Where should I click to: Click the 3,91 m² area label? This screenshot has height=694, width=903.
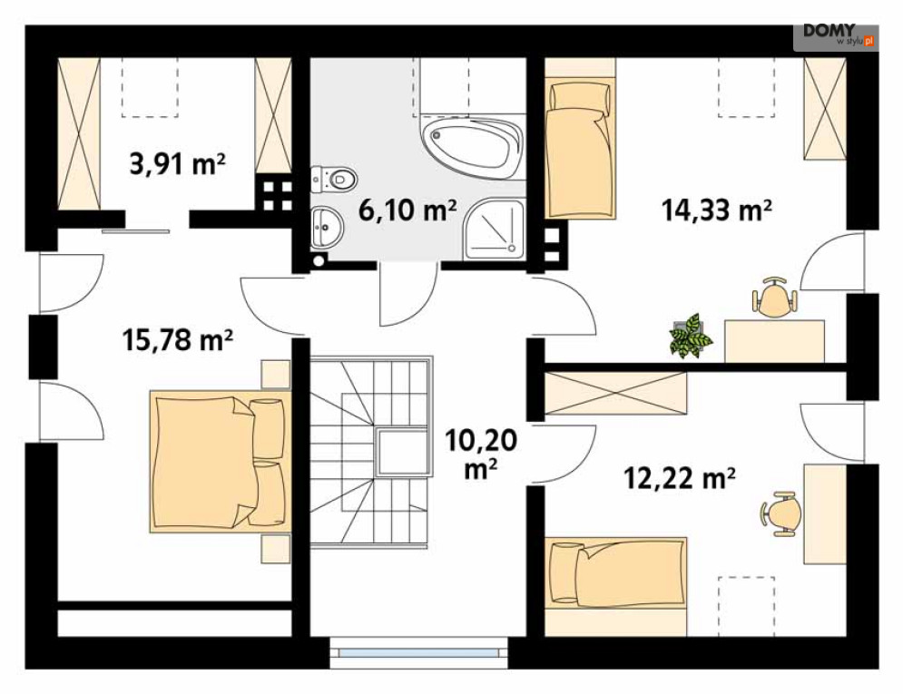177,164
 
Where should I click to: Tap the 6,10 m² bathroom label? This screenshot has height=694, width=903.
407,210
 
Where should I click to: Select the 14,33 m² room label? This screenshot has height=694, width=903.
716,210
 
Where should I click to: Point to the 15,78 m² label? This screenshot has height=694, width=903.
177,339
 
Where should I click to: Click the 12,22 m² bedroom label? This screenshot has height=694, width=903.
680,477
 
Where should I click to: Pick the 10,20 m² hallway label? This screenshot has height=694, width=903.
481,455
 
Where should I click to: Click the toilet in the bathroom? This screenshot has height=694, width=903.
334,180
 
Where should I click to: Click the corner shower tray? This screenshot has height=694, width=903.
496,229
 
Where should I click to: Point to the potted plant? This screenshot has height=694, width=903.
691,336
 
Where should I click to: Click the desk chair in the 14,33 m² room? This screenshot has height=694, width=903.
775,297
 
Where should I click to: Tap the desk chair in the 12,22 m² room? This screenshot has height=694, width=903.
780,513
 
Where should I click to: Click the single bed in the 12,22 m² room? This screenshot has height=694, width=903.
615,572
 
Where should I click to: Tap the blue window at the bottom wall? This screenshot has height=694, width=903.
418,652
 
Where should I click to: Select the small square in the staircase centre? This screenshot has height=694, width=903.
403,452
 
